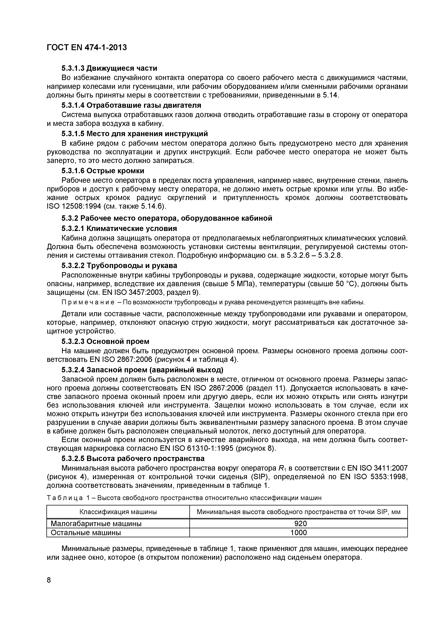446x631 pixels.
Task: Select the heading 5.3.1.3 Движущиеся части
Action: tap(109, 68)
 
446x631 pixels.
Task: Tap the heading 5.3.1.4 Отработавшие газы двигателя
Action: tap(131, 105)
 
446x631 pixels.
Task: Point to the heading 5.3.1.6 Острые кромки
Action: tap(103, 171)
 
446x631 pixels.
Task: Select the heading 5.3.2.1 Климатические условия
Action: tap(119, 228)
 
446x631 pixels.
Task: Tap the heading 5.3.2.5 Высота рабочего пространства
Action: tap(133, 458)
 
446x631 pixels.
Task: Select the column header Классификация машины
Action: tap(118, 512)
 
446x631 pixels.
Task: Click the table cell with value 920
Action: tap(298, 524)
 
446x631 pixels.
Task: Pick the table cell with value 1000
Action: tap(298, 533)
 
